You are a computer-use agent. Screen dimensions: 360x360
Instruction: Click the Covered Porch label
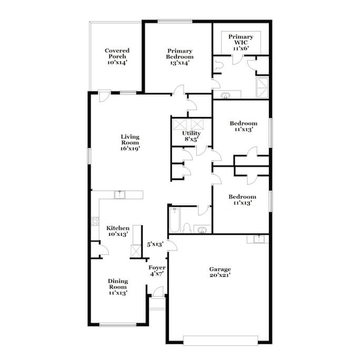(117, 56)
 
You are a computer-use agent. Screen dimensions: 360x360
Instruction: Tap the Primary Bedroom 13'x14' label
(180, 57)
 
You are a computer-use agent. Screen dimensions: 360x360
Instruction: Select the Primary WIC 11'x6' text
(241, 43)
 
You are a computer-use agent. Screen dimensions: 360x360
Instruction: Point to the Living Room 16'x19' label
(130, 143)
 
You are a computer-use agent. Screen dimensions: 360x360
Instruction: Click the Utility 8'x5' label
(191, 136)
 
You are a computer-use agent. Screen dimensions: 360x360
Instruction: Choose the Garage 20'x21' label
(220, 272)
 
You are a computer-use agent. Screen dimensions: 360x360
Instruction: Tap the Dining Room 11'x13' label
(118, 287)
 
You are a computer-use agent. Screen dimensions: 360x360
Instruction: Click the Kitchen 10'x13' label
(118, 231)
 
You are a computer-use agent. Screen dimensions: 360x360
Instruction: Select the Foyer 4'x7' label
(157, 271)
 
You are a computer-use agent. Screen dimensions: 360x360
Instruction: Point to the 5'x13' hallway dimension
(155, 244)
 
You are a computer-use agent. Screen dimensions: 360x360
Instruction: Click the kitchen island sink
(119, 195)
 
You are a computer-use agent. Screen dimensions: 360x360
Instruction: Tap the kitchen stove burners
(95, 221)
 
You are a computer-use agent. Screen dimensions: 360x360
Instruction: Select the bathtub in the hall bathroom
(175, 219)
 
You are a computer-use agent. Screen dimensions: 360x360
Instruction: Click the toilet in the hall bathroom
(187, 228)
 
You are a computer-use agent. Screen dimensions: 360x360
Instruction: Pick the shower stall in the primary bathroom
(262, 87)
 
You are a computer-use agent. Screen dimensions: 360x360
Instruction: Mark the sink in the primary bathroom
(225, 95)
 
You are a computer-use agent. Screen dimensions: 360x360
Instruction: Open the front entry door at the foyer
(158, 292)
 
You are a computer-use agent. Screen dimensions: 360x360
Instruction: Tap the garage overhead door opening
(221, 341)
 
